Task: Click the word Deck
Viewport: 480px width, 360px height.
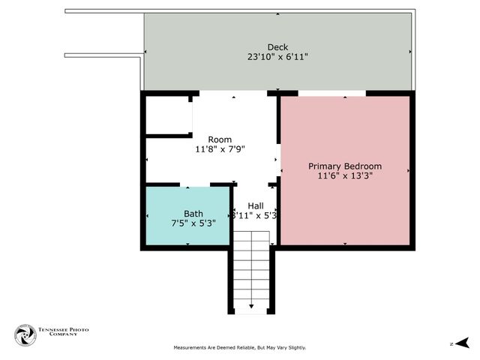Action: tap(277, 46)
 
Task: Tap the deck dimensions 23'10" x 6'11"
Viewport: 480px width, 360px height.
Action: tap(277, 56)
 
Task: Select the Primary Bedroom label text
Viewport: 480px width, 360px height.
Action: tap(345, 166)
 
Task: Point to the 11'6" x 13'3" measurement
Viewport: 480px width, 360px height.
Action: tap(345, 175)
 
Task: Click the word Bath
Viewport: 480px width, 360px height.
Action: tap(193, 213)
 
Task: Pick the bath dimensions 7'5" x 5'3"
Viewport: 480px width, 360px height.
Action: tap(193, 223)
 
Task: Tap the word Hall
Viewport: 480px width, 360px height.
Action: tap(256, 205)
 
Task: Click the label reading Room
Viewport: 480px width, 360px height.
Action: tap(220, 139)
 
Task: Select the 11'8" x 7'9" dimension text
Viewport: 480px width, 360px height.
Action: tap(220, 149)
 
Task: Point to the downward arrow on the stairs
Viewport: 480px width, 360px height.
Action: tap(251, 307)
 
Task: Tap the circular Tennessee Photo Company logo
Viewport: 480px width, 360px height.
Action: tap(25, 335)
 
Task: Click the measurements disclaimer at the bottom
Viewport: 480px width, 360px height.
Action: tap(240, 347)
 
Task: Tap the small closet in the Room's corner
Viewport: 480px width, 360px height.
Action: tap(168, 115)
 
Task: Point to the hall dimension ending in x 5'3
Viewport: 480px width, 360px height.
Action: tap(256, 215)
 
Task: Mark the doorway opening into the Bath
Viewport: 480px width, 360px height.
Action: tap(195, 184)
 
